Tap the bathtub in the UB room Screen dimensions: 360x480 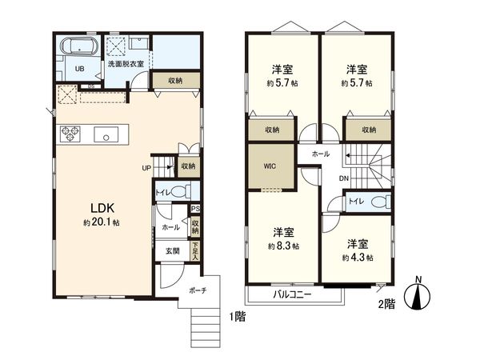pos(78,46)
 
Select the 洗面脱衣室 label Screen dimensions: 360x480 pos(126,64)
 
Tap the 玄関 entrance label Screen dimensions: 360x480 pos(173,250)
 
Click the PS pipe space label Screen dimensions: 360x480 pos(194,212)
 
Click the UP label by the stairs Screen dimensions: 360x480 pos(146,168)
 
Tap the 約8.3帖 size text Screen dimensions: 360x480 pos(284,246)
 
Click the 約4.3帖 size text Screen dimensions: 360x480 pos(358,258)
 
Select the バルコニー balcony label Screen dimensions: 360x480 pos(293,294)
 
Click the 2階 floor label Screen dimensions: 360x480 pos(386,305)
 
